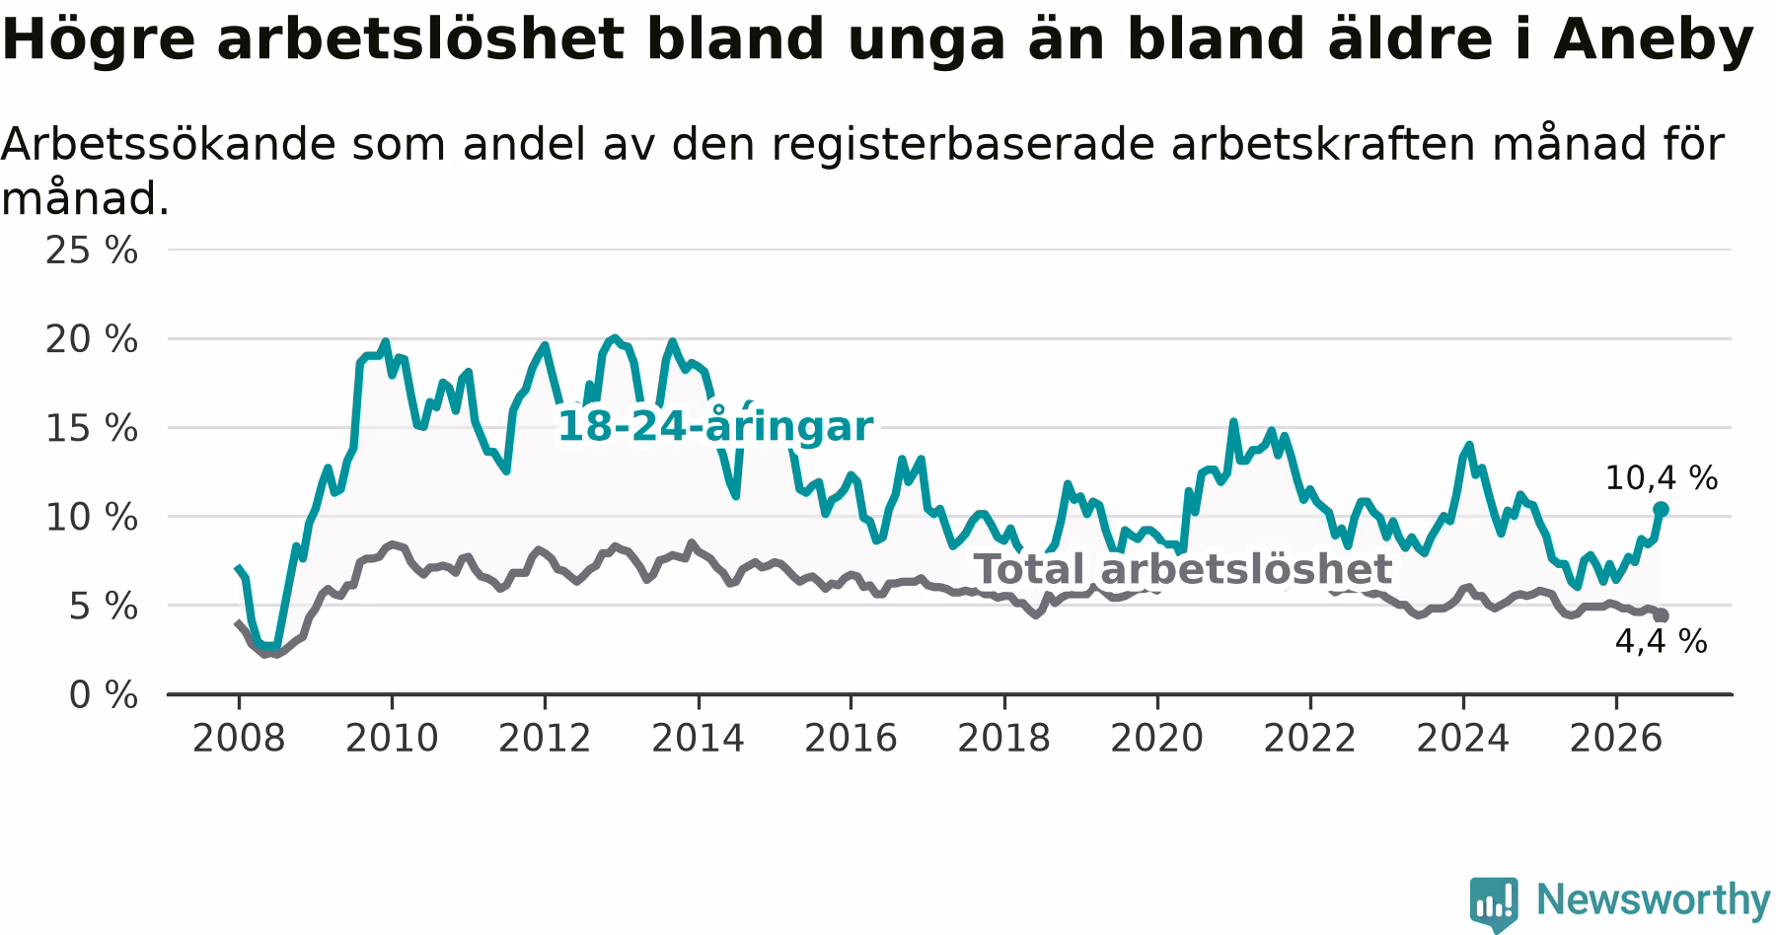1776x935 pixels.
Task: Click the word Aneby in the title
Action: tap(1654, 40)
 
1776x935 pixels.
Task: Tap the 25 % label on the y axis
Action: tap(92, 251)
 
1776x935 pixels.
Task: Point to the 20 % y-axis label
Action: tap(92, 339)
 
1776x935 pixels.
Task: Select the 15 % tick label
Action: tap(92, 428)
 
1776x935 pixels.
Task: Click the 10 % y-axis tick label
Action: tap(92, 517)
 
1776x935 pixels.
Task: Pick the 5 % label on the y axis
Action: tap(103, 606)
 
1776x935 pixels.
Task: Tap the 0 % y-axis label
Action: tap(103, 694)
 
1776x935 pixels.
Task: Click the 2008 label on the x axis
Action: tap(239, 738)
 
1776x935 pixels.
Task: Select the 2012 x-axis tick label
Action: tap(545, 738)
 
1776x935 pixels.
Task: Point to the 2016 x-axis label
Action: tap(851, 738)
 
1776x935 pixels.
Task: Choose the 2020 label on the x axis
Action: tap(1157, 738)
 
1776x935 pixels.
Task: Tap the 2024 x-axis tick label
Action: tap(1463, 738)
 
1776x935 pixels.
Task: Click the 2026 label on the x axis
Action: tap(1616, 738)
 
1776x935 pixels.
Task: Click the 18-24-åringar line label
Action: tap(715, 427)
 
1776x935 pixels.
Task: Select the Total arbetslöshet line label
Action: tap(1183, 569)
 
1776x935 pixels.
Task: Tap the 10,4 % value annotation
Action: tap(1662, 478)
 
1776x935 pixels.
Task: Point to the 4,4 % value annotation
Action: tap(1662, 641)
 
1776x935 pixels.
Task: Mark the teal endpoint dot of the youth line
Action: tap(1661, 509)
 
